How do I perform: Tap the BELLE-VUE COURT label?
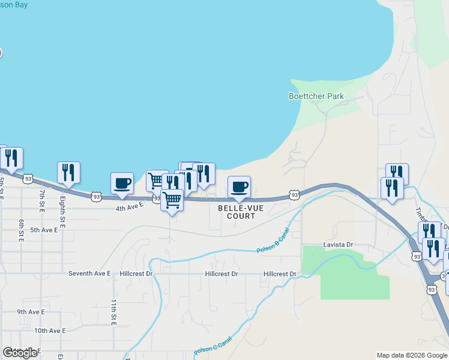pos(237,211)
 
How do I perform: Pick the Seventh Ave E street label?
pos(89,274)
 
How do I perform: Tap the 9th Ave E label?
pos(31,312)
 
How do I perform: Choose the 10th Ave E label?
pos(50,331)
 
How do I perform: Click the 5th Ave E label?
pos(44,230)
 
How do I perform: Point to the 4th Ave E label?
pos(130,206)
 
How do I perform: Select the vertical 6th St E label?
pos(21,230)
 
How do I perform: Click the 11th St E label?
pos(112,312)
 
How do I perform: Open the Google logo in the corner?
pos(20,353)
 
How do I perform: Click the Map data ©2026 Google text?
pos(411,355)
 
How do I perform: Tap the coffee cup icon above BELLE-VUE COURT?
pos(239,186)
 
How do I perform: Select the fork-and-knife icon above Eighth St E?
pos(69,172)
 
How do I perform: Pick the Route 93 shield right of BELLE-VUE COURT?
pos(294,195)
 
